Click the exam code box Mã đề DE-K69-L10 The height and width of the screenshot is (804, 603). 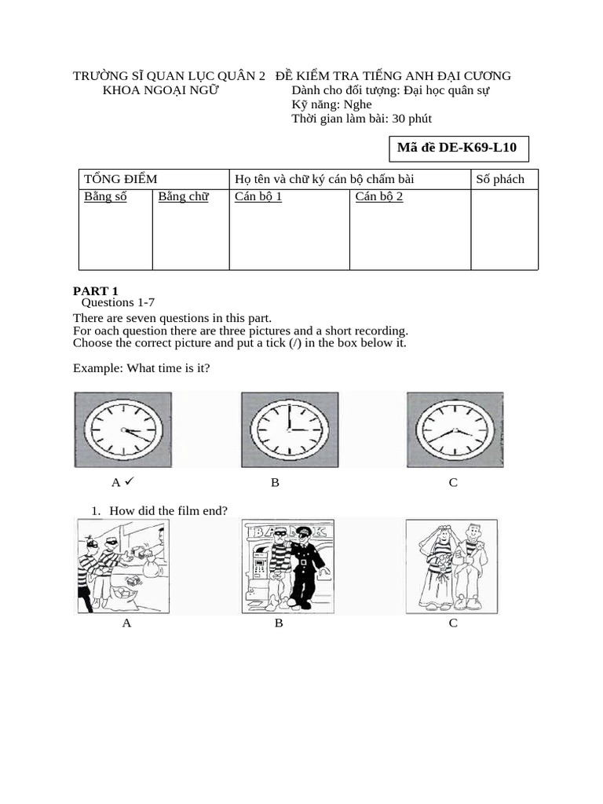coord(458,148)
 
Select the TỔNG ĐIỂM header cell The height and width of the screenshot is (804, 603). coord(121,179)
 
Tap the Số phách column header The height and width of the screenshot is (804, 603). coord(500,179)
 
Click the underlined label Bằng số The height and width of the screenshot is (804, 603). coord(105,196)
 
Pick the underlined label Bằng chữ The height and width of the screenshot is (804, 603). coord(183,196)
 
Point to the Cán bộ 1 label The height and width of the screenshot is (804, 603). coord(258,196)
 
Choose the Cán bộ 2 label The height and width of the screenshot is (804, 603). coord(379,196)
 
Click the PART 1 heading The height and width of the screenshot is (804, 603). coord(96,291)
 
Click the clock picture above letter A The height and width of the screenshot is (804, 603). coord(123,429)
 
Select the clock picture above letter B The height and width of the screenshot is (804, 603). coord(290,429)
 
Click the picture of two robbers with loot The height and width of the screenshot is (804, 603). coord(122,566)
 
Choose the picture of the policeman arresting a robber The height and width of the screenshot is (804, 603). coord(287,566)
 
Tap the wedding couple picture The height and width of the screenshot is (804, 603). coord(451,566)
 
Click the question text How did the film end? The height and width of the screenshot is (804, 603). coord(168,511)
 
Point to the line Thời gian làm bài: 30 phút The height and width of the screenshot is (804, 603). coord(361,119)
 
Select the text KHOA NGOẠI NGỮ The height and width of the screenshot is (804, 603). coord(162,90)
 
